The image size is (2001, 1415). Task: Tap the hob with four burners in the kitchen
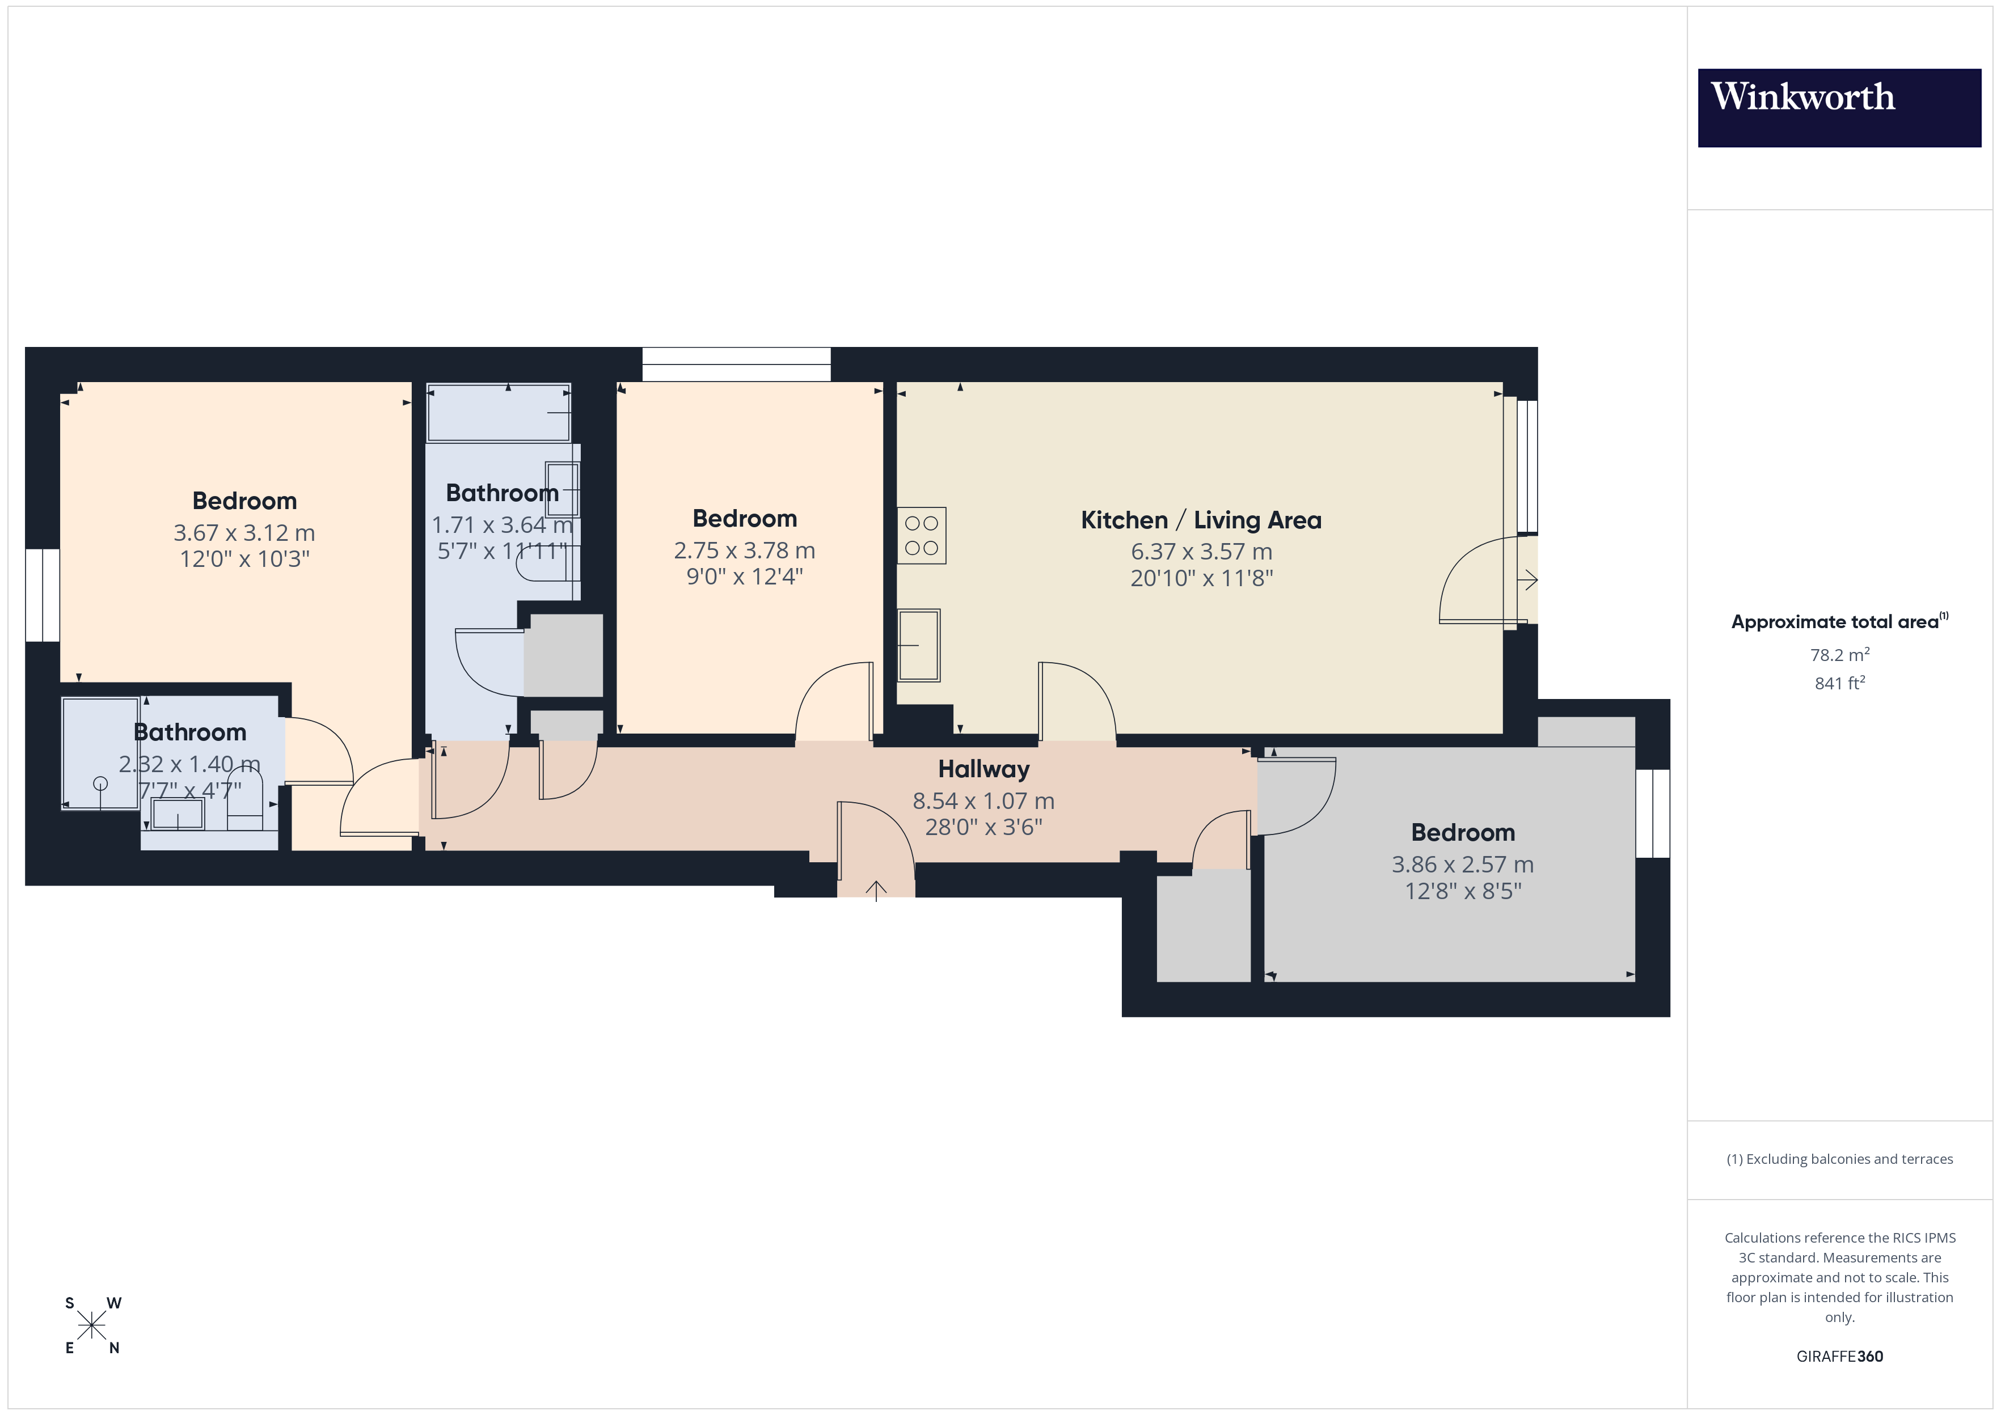tap(921, 536)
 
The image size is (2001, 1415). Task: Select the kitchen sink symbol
tap(919, 645)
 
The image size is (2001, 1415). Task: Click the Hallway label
tap(983, 769)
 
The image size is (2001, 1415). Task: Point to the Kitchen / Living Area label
tap(1200, 520)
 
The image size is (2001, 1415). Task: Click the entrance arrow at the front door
tap(876, 889)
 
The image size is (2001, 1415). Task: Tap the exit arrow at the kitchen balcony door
tap(1528, 579)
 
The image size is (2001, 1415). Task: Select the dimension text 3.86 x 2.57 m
tap(1462, 865)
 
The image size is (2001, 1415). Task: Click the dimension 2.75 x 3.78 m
tap(744, 550)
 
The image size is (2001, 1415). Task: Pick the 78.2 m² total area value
tap(1839, 654)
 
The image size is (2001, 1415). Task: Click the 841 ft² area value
tap(1839, 683)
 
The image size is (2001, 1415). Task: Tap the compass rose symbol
tap(91, 1326)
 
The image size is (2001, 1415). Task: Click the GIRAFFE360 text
tap(1839, 1355)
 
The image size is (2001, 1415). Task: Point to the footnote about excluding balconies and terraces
tap(1839, 1159)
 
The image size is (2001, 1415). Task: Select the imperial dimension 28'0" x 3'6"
tap(983, 827)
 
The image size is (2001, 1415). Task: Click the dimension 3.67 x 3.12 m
tap(244, 532)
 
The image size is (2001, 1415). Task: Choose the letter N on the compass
tap(113, 1348)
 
